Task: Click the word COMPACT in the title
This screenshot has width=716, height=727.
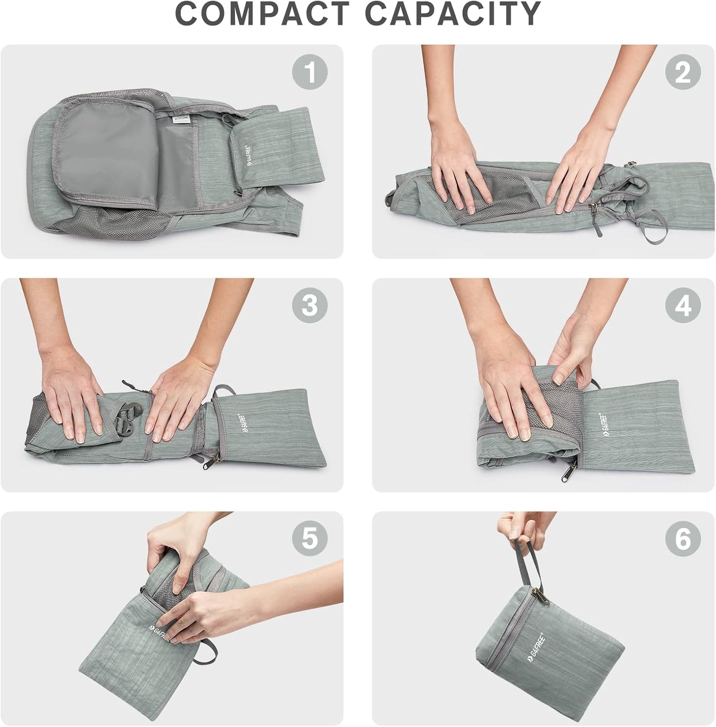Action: tap(262, 14)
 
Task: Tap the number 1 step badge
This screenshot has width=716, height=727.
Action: tap(310, 72)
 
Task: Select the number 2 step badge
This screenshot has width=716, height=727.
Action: tap(683, 72)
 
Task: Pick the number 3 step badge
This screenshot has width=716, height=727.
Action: tap(310, 306)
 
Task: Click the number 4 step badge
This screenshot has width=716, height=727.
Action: tap(683, 306)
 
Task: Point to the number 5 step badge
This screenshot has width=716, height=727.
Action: tap(310, 538)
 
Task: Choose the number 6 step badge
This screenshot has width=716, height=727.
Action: tap(683, 538)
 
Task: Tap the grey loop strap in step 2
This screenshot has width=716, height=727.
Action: tap(654, 226)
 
